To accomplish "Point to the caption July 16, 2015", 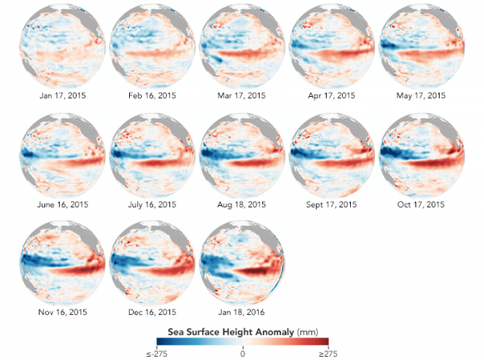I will pyautogui.click(x=151, y=204).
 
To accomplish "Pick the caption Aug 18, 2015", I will pyautogui.click(x=242, y=204).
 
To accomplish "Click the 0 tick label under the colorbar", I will pyautogui.click(x=242, y=353).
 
